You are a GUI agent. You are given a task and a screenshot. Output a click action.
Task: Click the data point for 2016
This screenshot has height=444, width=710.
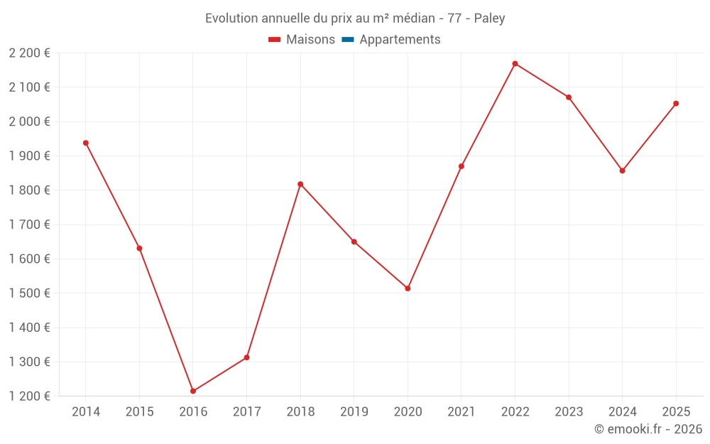tap(193, 391)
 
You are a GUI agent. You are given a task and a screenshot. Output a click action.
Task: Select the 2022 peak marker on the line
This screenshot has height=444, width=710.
tap(515, 64)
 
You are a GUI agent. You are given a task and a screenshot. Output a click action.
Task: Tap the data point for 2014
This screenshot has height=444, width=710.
tap(86, 143)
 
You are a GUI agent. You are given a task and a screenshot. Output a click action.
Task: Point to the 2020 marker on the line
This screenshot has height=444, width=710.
tap(408, 288)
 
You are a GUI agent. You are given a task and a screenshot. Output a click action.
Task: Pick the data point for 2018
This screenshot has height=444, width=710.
tap(300, 184)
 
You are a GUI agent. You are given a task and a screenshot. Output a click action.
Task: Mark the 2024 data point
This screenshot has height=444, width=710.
tap(622, 170)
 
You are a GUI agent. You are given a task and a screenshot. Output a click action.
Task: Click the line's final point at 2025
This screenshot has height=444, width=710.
tap(676, 104)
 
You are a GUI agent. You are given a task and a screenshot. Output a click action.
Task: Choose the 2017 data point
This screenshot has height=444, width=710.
tap(246, 357)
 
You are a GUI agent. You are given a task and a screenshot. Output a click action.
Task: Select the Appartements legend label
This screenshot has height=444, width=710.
tap(400, 40)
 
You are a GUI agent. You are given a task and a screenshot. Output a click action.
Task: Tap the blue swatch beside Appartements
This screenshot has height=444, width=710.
tap(348, 40)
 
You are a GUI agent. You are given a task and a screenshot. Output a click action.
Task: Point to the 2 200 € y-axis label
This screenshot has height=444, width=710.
tap(30, 53)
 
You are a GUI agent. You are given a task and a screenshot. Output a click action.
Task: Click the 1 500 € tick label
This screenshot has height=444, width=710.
tap(30, 293)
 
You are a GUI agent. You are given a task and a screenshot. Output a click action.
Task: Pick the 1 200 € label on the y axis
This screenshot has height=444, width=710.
tap(30, 396)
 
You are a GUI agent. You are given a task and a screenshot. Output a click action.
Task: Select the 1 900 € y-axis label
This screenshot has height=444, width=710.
tap(30, 156)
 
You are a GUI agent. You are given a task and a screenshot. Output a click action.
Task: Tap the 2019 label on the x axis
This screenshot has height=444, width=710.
tap(354, 412)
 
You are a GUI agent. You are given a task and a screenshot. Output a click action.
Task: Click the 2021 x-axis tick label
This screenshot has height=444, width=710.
tap(461, 412)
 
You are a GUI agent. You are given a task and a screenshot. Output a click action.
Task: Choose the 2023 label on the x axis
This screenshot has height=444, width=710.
tap(569, 412)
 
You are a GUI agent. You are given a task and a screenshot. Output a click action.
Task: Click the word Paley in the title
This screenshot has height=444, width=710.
tap(489, 18)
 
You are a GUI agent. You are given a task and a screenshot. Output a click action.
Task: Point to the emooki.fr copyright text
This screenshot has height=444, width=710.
tap(648, 429)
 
